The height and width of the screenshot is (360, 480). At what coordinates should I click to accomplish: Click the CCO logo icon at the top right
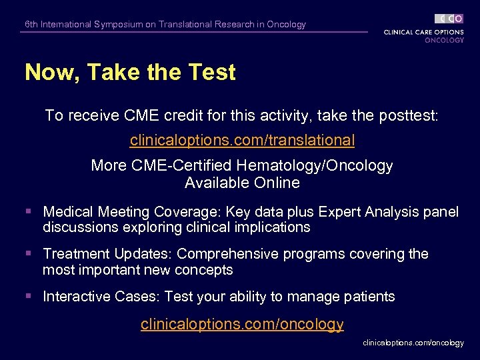coord(449,19)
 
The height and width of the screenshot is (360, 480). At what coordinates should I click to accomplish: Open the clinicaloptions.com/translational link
coord(242,141)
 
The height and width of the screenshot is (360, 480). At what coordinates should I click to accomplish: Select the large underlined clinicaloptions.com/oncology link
coord(242,324)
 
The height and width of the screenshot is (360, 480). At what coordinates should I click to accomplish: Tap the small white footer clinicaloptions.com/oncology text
coord(413,343)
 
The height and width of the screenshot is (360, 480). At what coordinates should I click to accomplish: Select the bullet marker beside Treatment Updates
coord(28,254)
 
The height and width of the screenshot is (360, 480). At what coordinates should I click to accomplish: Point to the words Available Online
coord(242,183)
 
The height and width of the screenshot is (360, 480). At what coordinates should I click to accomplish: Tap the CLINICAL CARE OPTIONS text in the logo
coord(424,32)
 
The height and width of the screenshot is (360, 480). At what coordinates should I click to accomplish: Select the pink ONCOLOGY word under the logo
coord(444,40)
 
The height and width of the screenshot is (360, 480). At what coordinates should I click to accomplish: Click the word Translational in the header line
coord(185,25)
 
